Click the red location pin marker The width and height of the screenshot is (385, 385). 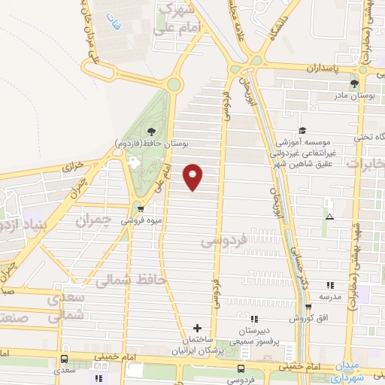point(193,177)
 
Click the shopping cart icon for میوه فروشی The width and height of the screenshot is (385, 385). point(141,210)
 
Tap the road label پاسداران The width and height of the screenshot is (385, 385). point(323,67)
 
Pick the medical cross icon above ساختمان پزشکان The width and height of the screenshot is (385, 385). point(197,328)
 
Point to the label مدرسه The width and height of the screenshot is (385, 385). point(331,296)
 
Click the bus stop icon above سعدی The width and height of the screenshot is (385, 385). point(65,359)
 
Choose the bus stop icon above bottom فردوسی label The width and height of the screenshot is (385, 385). point(241,368)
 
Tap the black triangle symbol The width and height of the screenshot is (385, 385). point(329,217)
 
